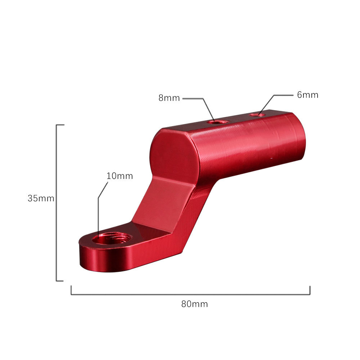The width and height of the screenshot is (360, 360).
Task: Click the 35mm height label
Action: pyautogui.click(x=41, y=198)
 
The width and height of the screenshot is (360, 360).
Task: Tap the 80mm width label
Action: pyautogui.click(x=194, y=304)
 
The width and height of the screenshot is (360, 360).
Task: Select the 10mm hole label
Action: pyautogui.click(x=120, y=176)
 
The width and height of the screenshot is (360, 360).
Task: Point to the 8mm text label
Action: pyautogui.click(x=169, y=98)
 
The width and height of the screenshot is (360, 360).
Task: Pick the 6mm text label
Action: pyautogui.click(x=308, y=95)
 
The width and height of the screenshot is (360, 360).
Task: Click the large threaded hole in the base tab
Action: pyautogui.click(x=112, y=238)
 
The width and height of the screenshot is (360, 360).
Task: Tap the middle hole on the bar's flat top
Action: pyautogui.click(x=217, y=122)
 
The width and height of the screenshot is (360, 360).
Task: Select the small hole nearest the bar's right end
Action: pyautogui.click(x=258, y=114)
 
